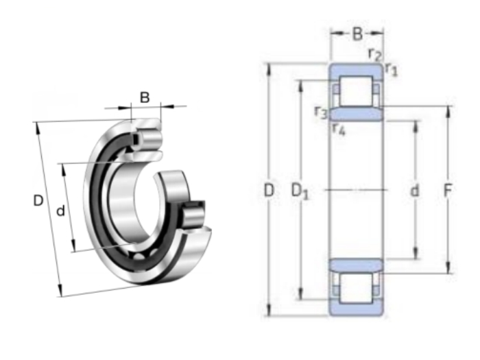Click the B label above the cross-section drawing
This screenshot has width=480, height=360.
pos(357,34)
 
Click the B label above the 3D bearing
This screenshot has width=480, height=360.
pos(145,97)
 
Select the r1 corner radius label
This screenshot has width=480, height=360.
pos(392,69)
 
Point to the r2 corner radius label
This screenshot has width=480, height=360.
pos(375,55)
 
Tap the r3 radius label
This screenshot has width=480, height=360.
pos(321,112)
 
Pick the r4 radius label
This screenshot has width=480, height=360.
pos(339,129)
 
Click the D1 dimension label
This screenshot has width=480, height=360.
pos(300,191)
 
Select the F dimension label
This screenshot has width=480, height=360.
pos(448,191)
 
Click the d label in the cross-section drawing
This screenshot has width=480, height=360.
pos(414,191)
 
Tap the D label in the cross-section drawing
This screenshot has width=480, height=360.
pos(269,191)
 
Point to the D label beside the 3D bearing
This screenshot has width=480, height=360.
pos(38,201)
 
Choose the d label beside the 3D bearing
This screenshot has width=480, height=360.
pos(61,211)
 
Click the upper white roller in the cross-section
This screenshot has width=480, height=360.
pos(357,91)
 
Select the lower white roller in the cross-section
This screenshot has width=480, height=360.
pos(357,288)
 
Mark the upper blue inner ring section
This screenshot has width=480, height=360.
pos(356,114)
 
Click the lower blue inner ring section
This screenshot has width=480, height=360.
pos(356,265)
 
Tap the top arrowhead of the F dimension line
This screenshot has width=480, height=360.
pos(448,111)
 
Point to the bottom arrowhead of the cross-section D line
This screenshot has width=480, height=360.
pos(269,310)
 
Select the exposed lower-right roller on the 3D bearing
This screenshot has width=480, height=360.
pos(194,216)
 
